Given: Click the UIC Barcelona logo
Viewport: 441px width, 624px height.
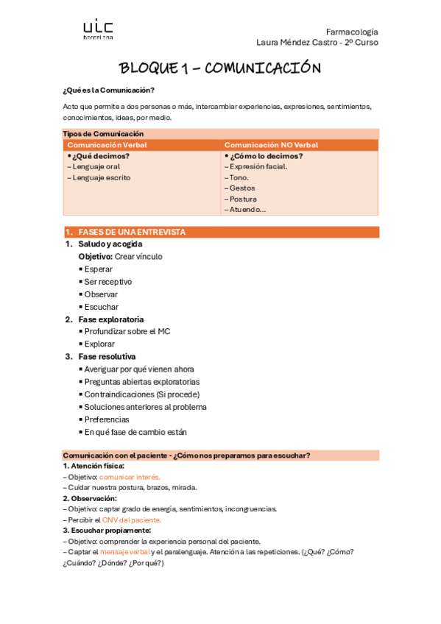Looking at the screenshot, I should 98,29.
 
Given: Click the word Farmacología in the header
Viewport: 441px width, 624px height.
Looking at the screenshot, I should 354,32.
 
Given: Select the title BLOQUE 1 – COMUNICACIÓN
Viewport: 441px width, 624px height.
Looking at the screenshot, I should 220,68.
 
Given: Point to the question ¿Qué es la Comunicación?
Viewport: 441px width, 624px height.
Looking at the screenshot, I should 109,90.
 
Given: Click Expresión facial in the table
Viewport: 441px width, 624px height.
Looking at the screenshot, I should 258,166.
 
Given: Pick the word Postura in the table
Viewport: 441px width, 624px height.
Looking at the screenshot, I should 243,199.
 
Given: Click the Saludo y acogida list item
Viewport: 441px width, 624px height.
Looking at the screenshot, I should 110,244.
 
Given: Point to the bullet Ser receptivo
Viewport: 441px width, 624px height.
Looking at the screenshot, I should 107,282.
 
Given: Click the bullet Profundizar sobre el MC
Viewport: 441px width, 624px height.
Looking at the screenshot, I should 127,332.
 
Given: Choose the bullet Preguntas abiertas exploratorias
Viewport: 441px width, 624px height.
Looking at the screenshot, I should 141,382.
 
